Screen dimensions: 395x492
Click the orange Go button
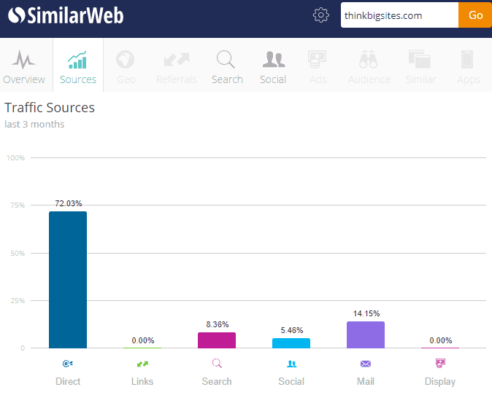pyautogui.click(x=475, y=15)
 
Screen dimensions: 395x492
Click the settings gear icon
pyautogui.click(x=321, y=15)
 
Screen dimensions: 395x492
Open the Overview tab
pyautogui.click(x=24, y=66)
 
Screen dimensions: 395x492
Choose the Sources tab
pyautogui.click(x=78, y=66)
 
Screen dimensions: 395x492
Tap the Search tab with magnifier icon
pyautogui.click(x=227, y=66)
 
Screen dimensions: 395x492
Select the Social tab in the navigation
pyautogui.click(x=273, y=66)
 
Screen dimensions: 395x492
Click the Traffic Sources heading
pyautogui.click(x=50, y=108)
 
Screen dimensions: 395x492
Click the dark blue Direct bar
pyautogui.click(x=68, y=280)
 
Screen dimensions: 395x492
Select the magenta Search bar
pyautogui.click(x=217, y=340)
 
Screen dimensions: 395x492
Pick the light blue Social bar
pyautogui.click(x=291, y=343)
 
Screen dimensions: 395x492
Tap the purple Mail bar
pyautogui.click(x=366, y=335)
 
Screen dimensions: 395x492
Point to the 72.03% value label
pyautogui.click(x=68, y=203)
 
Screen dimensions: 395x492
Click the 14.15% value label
pyautogui.click(x=366, y=313)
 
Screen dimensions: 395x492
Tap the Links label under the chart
pyautogui.click(x=142, y=381)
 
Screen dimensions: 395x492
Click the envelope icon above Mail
pyautogui.click(x=366, y=363)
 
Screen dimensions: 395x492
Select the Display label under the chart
pyautogui.click(x=440, y=381)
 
